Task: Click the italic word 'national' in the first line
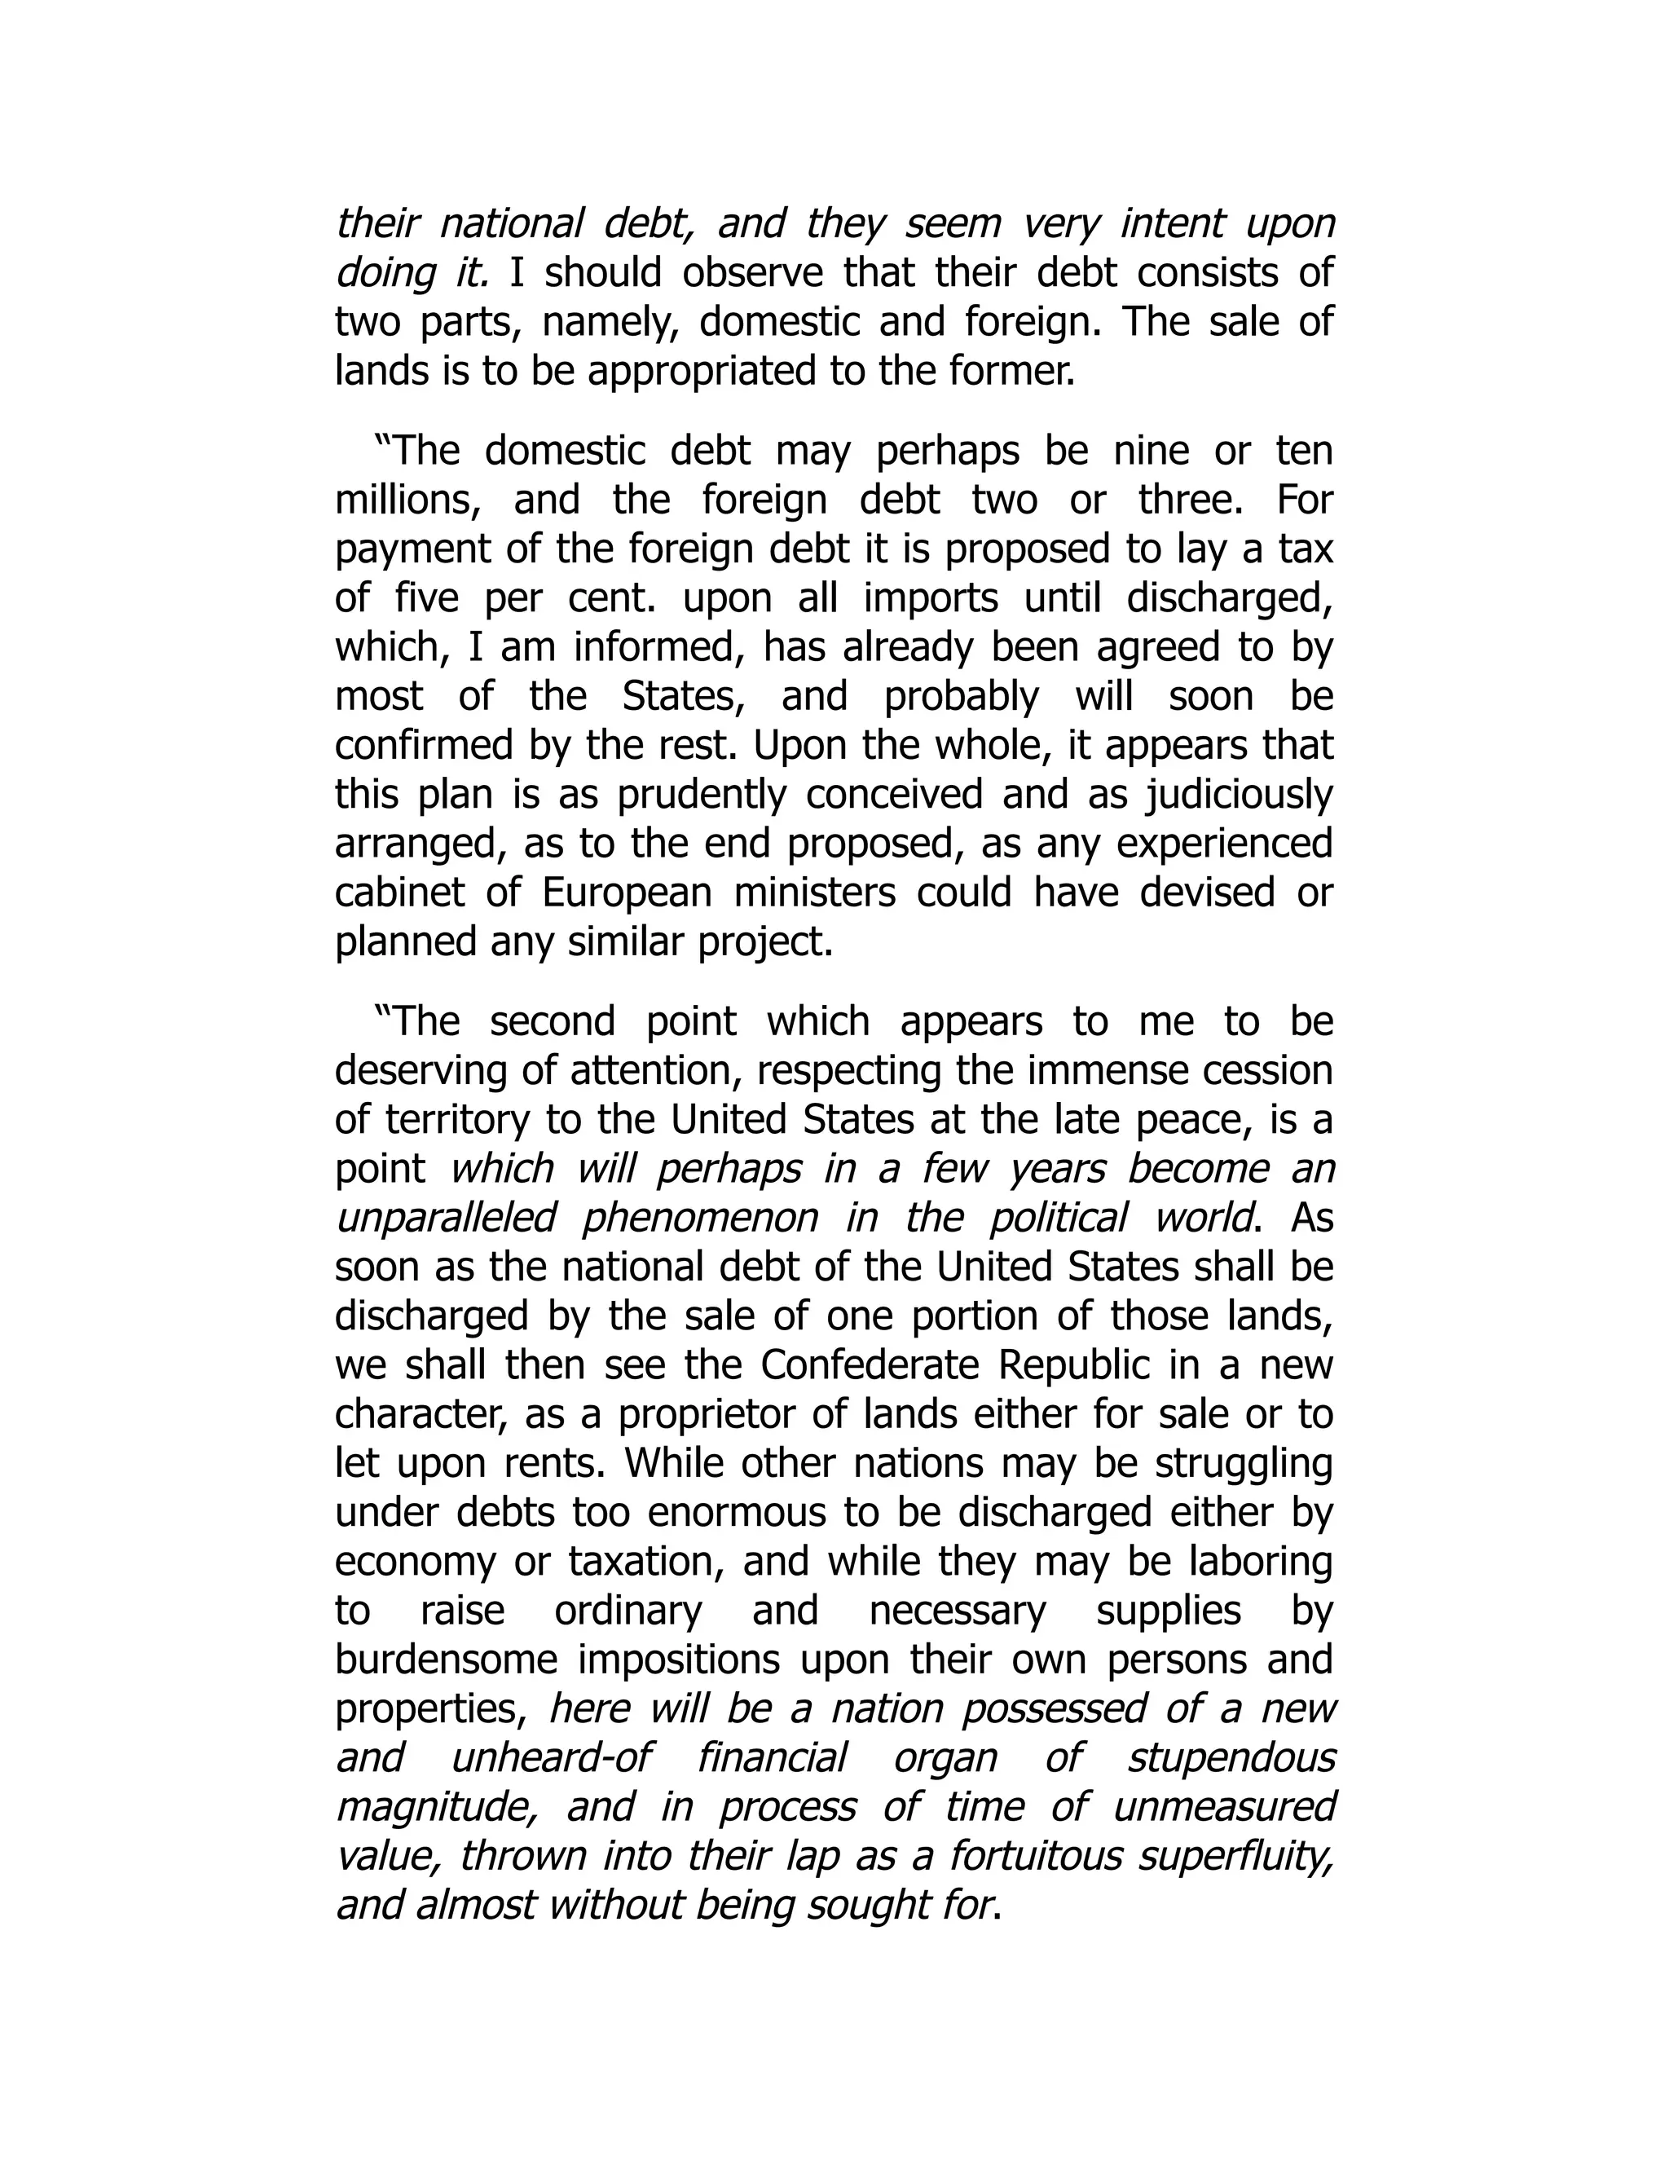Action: (511, 223)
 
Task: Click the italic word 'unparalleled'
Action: (446, 1219)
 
